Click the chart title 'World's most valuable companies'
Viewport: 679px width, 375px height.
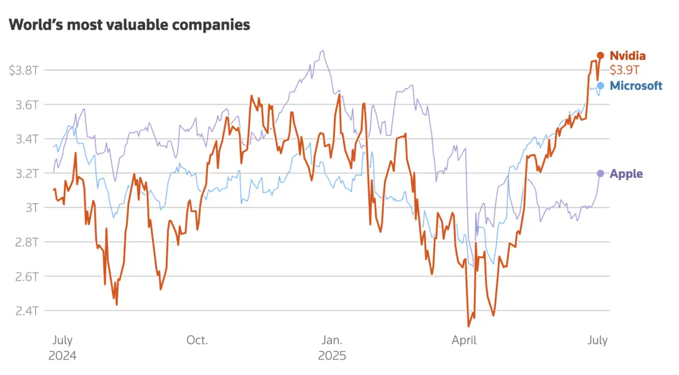click(x=129, y=25)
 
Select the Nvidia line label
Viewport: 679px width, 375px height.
click(x=628, y=55)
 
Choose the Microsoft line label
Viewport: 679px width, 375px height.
click(x=636, y=86)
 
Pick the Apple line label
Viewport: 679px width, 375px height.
click(x=626, y=174)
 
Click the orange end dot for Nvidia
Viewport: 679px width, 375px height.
click(x=601, y=55)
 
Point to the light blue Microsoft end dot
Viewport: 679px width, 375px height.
click(x=601, y=85)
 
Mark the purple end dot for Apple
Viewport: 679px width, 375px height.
click(x=601, y=174)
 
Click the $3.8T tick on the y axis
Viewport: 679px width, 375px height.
click(x=24, y=70)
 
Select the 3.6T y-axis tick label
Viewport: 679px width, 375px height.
click(x=27, y=104)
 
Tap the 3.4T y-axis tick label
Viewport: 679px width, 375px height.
click(x=27, y=139)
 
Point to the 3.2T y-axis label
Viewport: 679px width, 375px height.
click(x=27, y=173)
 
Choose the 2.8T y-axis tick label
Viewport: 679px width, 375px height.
click(x=27, y=242)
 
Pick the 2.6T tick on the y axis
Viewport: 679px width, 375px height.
click(x=27, y=276)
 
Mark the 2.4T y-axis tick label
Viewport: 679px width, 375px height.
click(x=27, y=310)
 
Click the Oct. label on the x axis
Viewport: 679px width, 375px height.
click(x=197, y=340)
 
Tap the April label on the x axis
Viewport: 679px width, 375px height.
click(x=464, y=340)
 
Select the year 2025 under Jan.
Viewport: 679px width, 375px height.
click(x=332, y=356)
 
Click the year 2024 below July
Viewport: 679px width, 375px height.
click(x=62, y=356)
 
